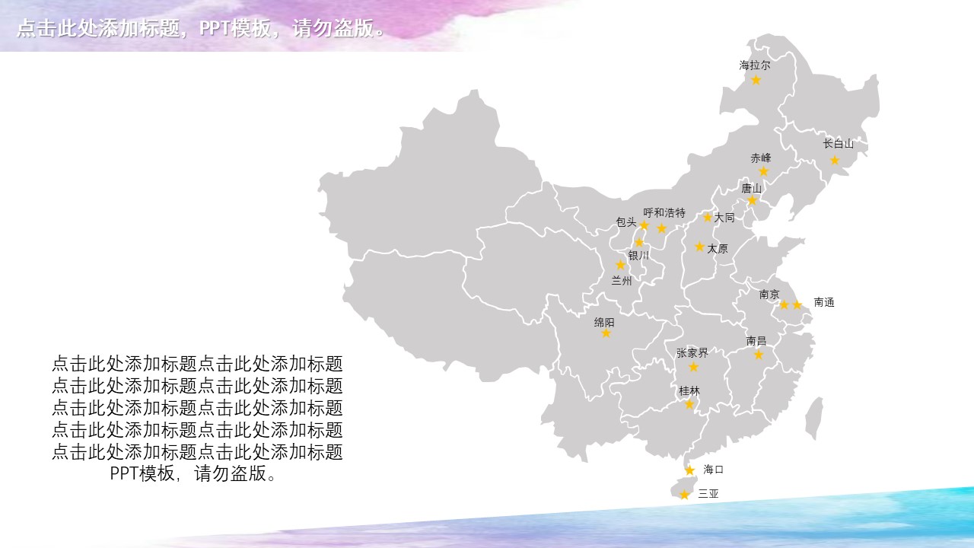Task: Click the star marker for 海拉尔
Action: (x=756, y=80)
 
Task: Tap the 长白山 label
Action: (x=839, y=143)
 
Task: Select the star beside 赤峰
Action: (x=764, y=172)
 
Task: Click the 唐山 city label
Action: (x=751, y=188)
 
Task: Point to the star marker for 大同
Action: (x=707, y=217)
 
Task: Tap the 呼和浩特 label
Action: (x=664, y=212)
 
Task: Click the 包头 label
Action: (x=626, y=222)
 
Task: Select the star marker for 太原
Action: (x=699, y=247)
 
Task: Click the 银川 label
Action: (x=638, y=256)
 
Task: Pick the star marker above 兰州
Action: (x=620, y=265)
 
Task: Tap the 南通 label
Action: (x=824, y=302)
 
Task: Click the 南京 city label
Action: (x=769, y=294)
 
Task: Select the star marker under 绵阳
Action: (x=606, y=333)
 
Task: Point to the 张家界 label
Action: (x=692, y=353)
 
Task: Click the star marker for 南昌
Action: (x=758, y=355)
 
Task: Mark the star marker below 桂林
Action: (x=689, y=404)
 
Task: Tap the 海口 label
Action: (x=713, y=469)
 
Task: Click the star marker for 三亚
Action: (x=684, y=495)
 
